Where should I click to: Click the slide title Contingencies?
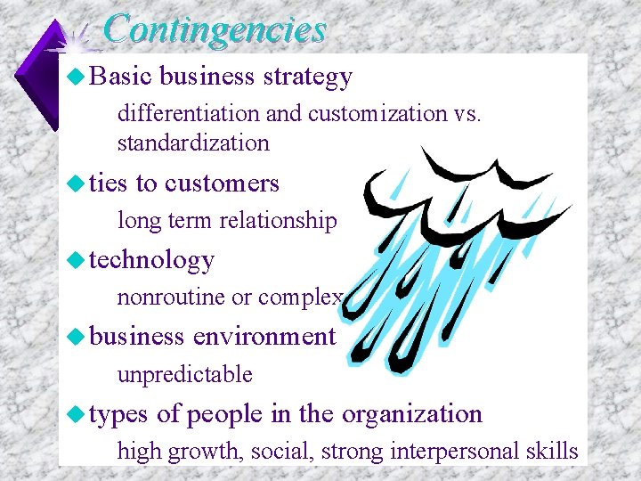215,29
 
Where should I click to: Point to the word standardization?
192,143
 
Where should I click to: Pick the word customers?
222,183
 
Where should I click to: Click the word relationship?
280,221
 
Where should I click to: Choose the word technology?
152,259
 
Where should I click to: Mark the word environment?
264,337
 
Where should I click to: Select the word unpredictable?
185,375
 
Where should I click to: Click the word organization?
412,414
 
